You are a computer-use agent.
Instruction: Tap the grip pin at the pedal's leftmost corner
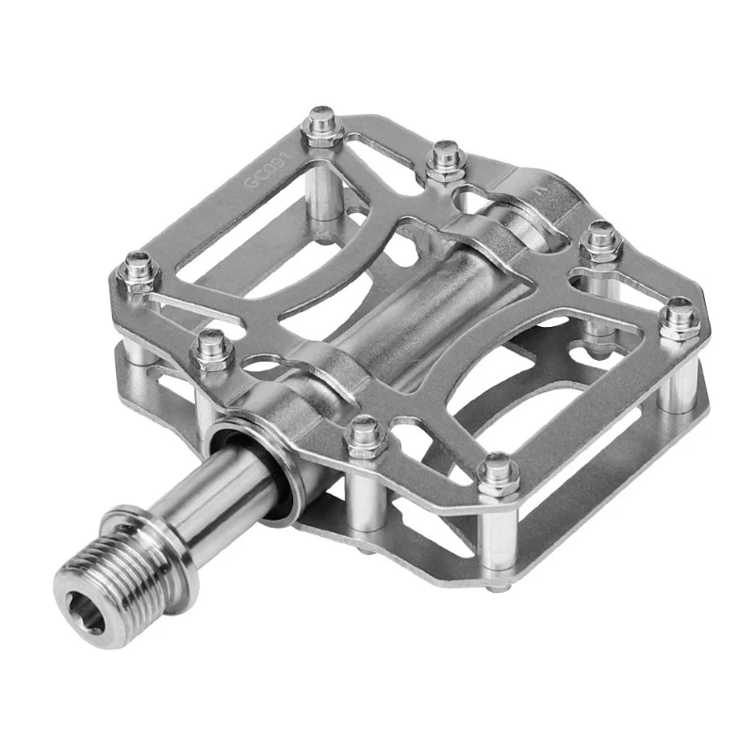coord(139,269)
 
